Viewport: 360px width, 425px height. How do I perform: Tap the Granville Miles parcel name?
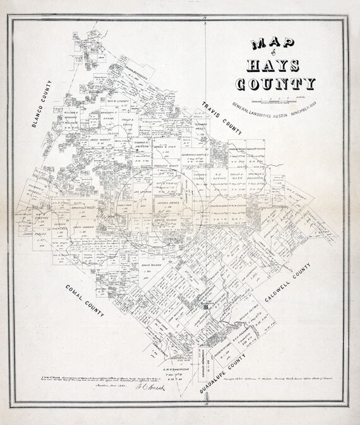click(81, 205)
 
